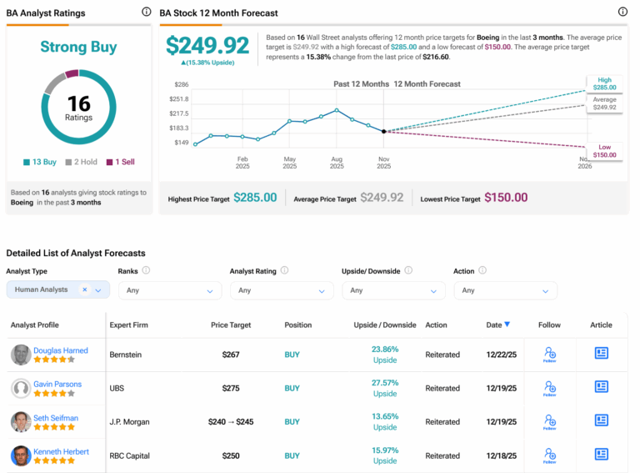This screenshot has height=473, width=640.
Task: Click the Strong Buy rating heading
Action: click(78, 47)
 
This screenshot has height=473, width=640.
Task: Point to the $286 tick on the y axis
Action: click(181, 85)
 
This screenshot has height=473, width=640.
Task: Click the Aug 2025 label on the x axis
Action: click(337, 162)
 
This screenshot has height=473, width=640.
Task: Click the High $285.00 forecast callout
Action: click(605, 83)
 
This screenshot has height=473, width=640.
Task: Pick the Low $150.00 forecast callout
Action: click(605, 150)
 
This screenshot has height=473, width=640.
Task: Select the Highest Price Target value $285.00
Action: click(255, 198)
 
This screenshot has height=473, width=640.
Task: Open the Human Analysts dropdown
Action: click(57, 290)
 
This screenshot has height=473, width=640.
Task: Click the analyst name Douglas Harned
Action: click(61, 350)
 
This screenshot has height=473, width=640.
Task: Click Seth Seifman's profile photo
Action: click(21, 422)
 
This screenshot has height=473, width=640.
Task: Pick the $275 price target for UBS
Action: click(231, 388)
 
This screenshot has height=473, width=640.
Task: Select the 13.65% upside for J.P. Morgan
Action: click(384, 416)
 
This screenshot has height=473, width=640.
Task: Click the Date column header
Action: click(498, 325)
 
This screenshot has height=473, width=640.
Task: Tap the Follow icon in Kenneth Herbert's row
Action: click(549, 455)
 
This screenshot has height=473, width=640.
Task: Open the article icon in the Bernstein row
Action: click(602, 354)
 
